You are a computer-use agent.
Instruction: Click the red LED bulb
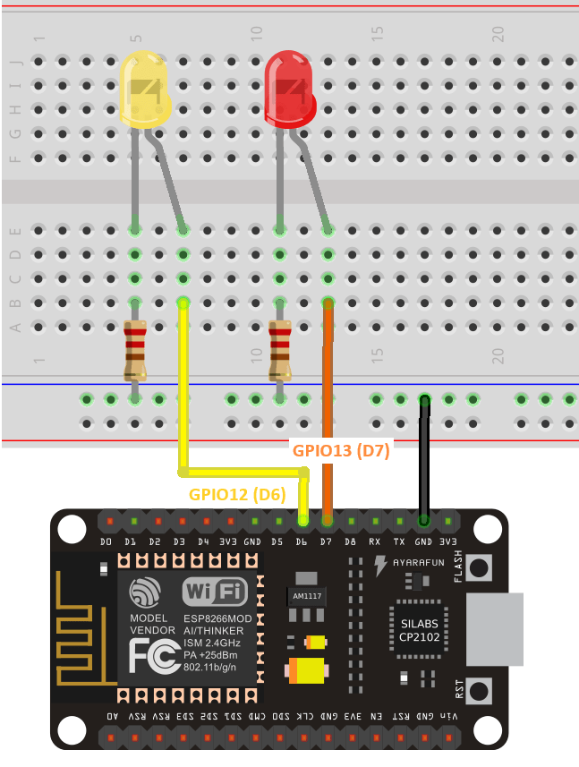coord(290,89)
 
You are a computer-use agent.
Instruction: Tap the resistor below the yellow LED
coord(134,350)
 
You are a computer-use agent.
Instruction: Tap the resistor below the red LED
coord(280,350)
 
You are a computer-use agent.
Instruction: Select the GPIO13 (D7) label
coord(341,451)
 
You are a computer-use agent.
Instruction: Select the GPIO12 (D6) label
coord(236,493)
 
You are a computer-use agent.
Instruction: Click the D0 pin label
coord(106,541)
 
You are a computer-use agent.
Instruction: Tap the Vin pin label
coord(448,716)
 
